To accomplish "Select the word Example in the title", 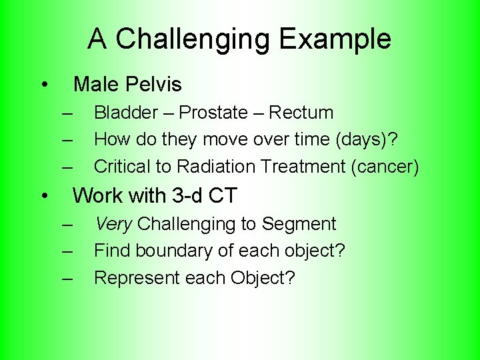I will (335, 39).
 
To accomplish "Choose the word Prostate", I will (213, 113).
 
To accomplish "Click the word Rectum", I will (301, 113).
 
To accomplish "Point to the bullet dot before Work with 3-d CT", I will (43, 196).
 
